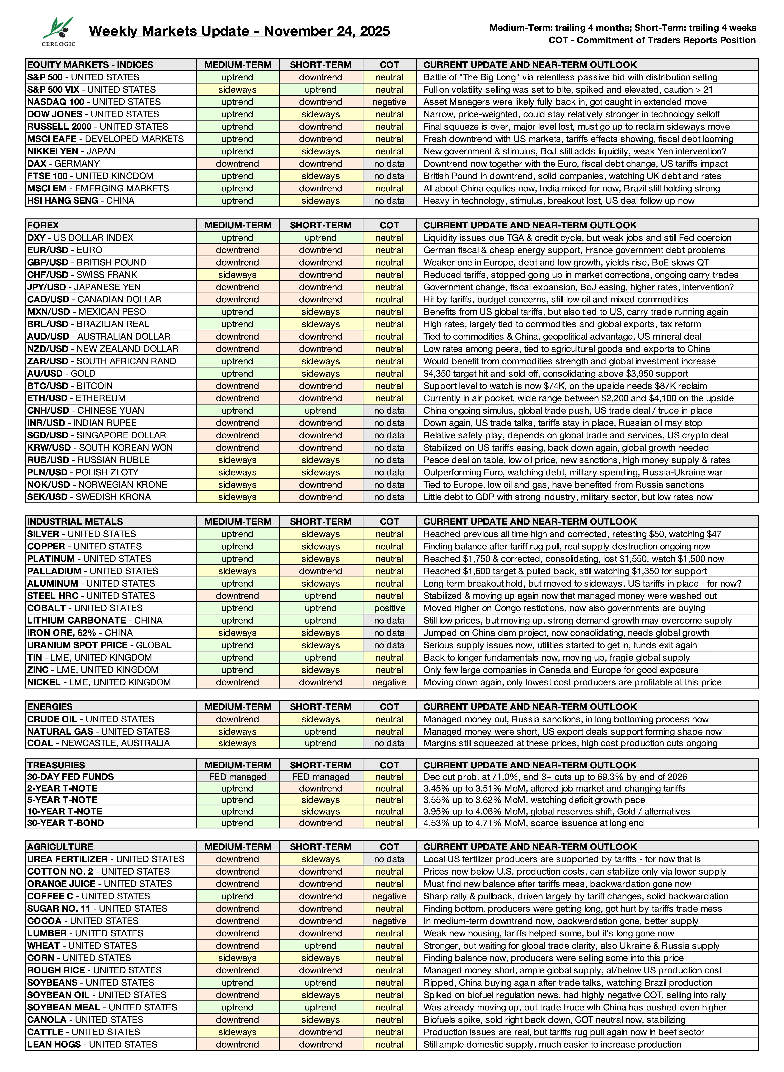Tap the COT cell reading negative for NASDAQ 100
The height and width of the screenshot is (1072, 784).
point(389,102)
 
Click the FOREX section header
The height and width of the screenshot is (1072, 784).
point(43,225)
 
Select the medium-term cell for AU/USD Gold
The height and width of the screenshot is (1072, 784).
point(237,374)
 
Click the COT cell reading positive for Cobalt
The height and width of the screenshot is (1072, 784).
point(389,608)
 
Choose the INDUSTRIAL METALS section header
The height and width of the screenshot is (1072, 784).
point(75,522)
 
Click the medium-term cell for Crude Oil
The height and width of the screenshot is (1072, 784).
point(237,719)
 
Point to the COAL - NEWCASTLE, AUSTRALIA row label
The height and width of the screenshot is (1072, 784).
point(98,743)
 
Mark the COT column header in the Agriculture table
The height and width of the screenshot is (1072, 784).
point(389,847)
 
